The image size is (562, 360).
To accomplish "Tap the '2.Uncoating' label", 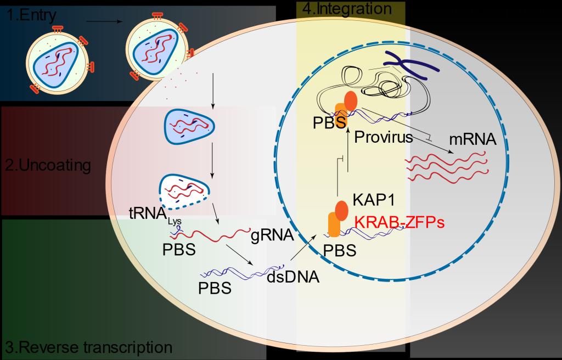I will (x=48, y=165).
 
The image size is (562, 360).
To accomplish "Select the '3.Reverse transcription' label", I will (x=88, y=347).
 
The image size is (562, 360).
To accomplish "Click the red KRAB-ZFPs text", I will (x=399, y=223).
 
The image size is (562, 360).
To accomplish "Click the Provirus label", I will (x=383, y=137).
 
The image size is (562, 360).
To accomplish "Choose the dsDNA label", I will (x=293, y=277).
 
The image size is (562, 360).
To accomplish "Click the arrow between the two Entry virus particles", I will (x=104, y=22).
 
